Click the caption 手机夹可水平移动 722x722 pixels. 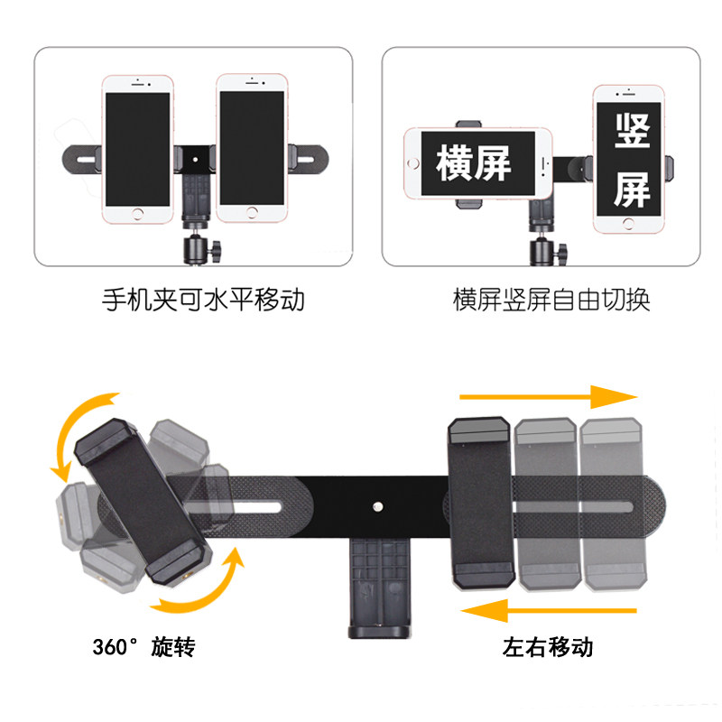click(203, 300)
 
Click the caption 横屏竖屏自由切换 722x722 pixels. click(551, 300)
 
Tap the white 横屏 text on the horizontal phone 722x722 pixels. click(473, 163)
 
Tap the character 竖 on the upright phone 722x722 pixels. click(632, 131)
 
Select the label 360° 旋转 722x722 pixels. click(144, 647)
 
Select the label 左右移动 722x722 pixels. click(548, 647)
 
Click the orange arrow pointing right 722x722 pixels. click(549, 397)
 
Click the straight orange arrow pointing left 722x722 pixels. click(549, 611)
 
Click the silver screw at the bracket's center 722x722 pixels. click(377, 507)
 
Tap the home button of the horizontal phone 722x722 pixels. click(413, 163)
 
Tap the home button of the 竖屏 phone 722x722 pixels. click(628, 224)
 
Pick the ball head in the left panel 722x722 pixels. click(200, 249)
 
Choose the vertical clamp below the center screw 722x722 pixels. click(379, 588)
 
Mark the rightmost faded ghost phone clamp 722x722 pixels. click(613, 504)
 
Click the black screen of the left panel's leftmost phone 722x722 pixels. click(138, 149)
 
